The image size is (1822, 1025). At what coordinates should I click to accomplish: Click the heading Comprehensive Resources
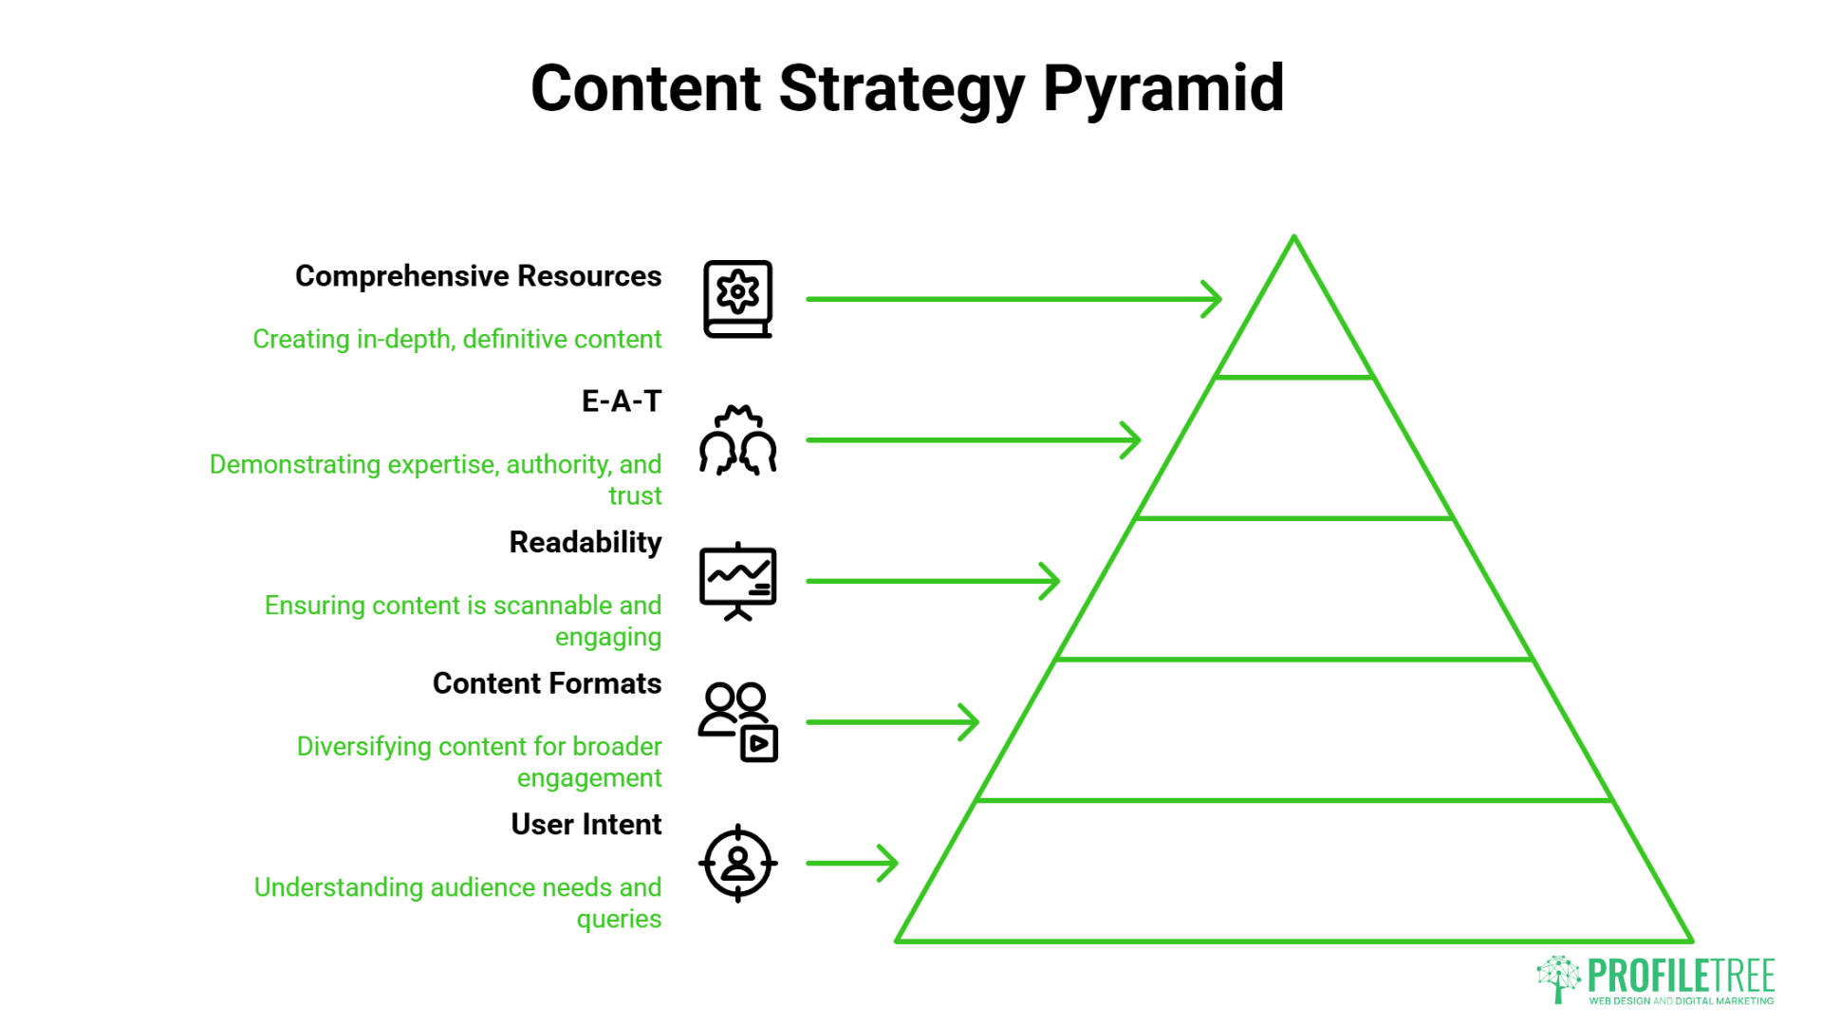click(478, 276)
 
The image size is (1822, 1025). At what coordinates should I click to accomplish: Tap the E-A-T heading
click(621, 401)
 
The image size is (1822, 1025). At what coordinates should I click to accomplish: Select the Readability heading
click(585, 542)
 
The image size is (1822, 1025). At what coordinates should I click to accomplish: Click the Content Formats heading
click(547, 683)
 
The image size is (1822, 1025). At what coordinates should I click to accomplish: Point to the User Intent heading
click(586, 824)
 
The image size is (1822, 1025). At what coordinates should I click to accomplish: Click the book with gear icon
click(737, 299)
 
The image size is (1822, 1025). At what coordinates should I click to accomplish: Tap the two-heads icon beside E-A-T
click(737, 440)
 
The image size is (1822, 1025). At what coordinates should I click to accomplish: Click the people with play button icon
click(737, 721)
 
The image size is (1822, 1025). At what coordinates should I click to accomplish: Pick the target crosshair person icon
click(737, 863)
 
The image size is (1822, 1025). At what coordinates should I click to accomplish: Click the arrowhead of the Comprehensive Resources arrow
click(1215, 299)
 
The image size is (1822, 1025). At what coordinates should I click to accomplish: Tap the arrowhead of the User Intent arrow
click(891, 863)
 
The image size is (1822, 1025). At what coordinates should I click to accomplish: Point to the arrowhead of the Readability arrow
click(1052, 581)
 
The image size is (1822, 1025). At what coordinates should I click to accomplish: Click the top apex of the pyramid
click(1293, 239)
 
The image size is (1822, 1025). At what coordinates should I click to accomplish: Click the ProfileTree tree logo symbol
click(1558, 978)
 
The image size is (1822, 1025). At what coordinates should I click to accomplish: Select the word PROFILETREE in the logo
click(1681, 976)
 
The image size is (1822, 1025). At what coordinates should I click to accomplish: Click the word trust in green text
click(635, 496)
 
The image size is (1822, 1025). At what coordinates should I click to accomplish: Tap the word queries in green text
click(619, 920)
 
